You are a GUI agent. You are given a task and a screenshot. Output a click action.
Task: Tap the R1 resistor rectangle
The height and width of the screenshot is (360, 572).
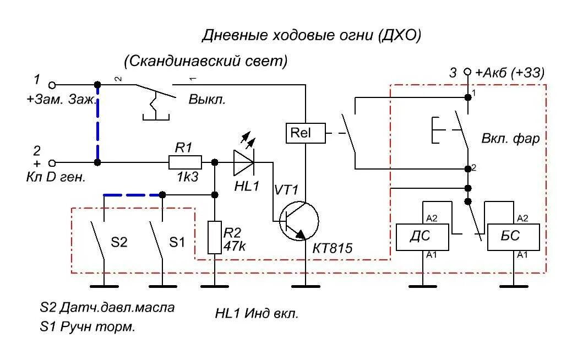[184, 162]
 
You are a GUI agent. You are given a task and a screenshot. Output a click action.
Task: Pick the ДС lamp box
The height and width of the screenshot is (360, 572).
[422, 237]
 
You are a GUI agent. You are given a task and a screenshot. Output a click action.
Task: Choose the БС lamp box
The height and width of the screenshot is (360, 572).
[513, 237]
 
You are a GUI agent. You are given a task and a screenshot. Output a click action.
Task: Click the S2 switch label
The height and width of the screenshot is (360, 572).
[119, 242]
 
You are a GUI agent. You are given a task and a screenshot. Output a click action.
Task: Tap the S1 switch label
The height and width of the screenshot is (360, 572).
[177, 242]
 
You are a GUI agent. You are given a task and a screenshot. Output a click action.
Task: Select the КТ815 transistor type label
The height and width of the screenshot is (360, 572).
[332, 249]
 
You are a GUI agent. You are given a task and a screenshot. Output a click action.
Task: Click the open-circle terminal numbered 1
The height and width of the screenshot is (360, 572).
[52, 85]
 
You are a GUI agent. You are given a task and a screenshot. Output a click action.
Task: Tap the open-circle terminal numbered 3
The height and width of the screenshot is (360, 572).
[467, 72]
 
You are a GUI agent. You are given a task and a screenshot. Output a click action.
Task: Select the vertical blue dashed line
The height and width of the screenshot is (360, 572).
[97, 124]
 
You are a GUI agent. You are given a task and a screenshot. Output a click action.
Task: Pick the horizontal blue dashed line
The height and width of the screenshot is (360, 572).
[133, 195]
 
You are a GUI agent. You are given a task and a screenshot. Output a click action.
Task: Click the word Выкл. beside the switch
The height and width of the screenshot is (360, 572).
[208, 100]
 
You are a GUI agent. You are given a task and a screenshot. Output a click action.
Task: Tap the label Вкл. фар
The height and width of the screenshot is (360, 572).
[510, 139]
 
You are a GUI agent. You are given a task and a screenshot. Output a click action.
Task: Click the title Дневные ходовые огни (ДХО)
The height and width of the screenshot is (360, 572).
[311, 36]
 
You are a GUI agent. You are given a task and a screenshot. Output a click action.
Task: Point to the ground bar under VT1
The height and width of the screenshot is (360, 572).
[306, 286]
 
